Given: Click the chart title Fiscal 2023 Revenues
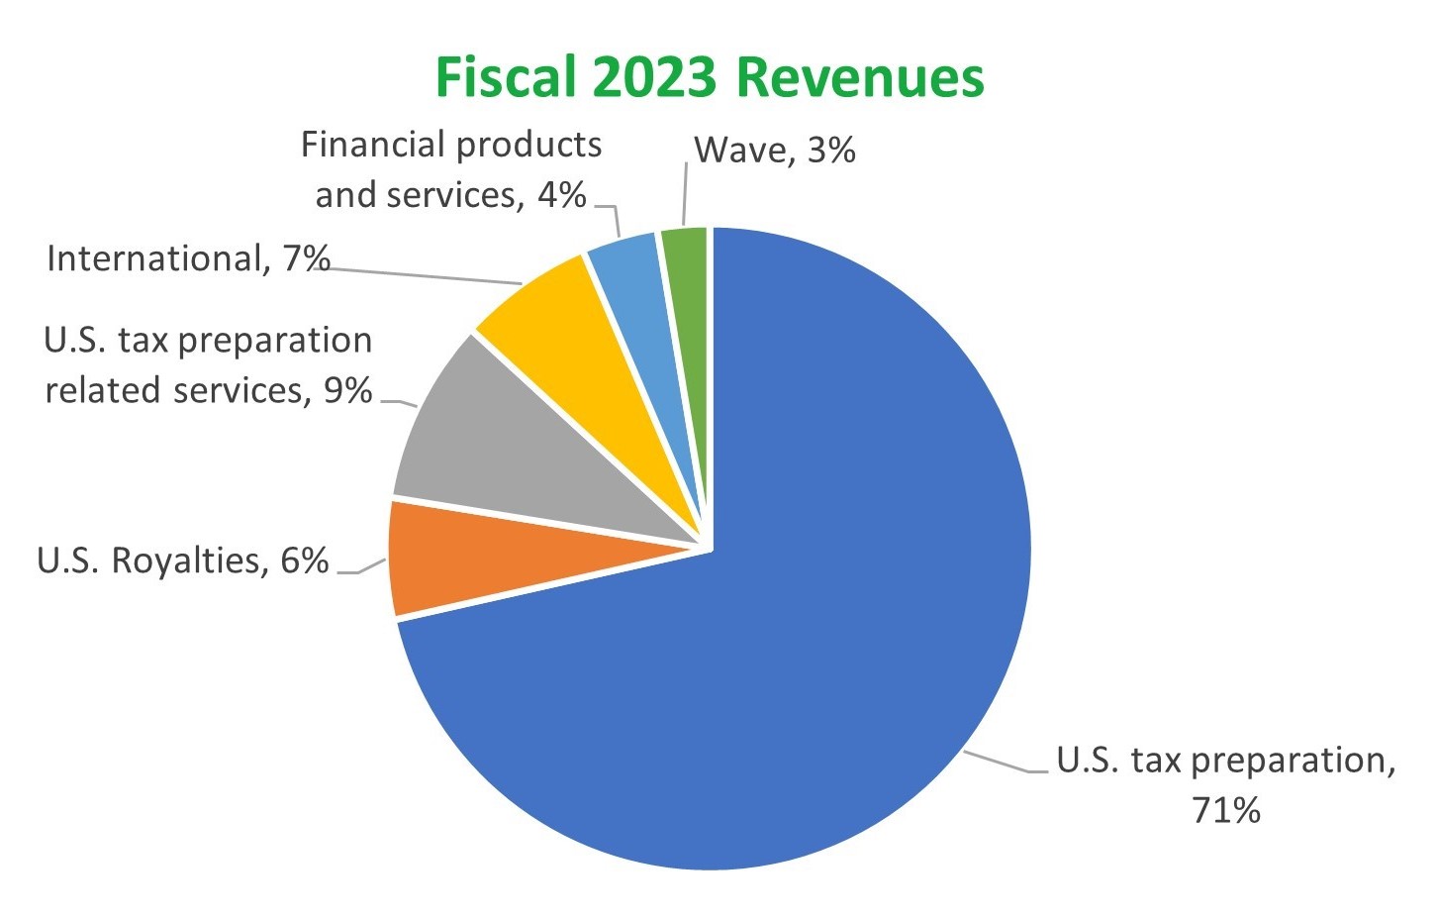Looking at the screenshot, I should pyautogui.click(x=710, y=77).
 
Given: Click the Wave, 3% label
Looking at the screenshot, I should pyautogui.click(x=774, y=151).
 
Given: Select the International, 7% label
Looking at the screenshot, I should pyautogui.click(x=188, y=258).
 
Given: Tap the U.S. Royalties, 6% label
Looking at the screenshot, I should pyautogui.click(x=182, y=561).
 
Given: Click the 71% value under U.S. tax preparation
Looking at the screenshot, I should pyautogui.click(x=1226, y=810).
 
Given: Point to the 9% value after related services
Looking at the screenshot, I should pyautogui.click(x=347, y=390).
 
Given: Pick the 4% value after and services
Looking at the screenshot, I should pyautogui.click(x=561, y=195).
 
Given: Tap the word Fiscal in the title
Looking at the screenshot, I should pyautogui.click(x=506, y=77).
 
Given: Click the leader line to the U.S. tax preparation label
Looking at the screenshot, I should pyautogui.click(x=1005, y=764).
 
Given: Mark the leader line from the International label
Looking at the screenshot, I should pyautogui.click(x=426, y=275).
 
